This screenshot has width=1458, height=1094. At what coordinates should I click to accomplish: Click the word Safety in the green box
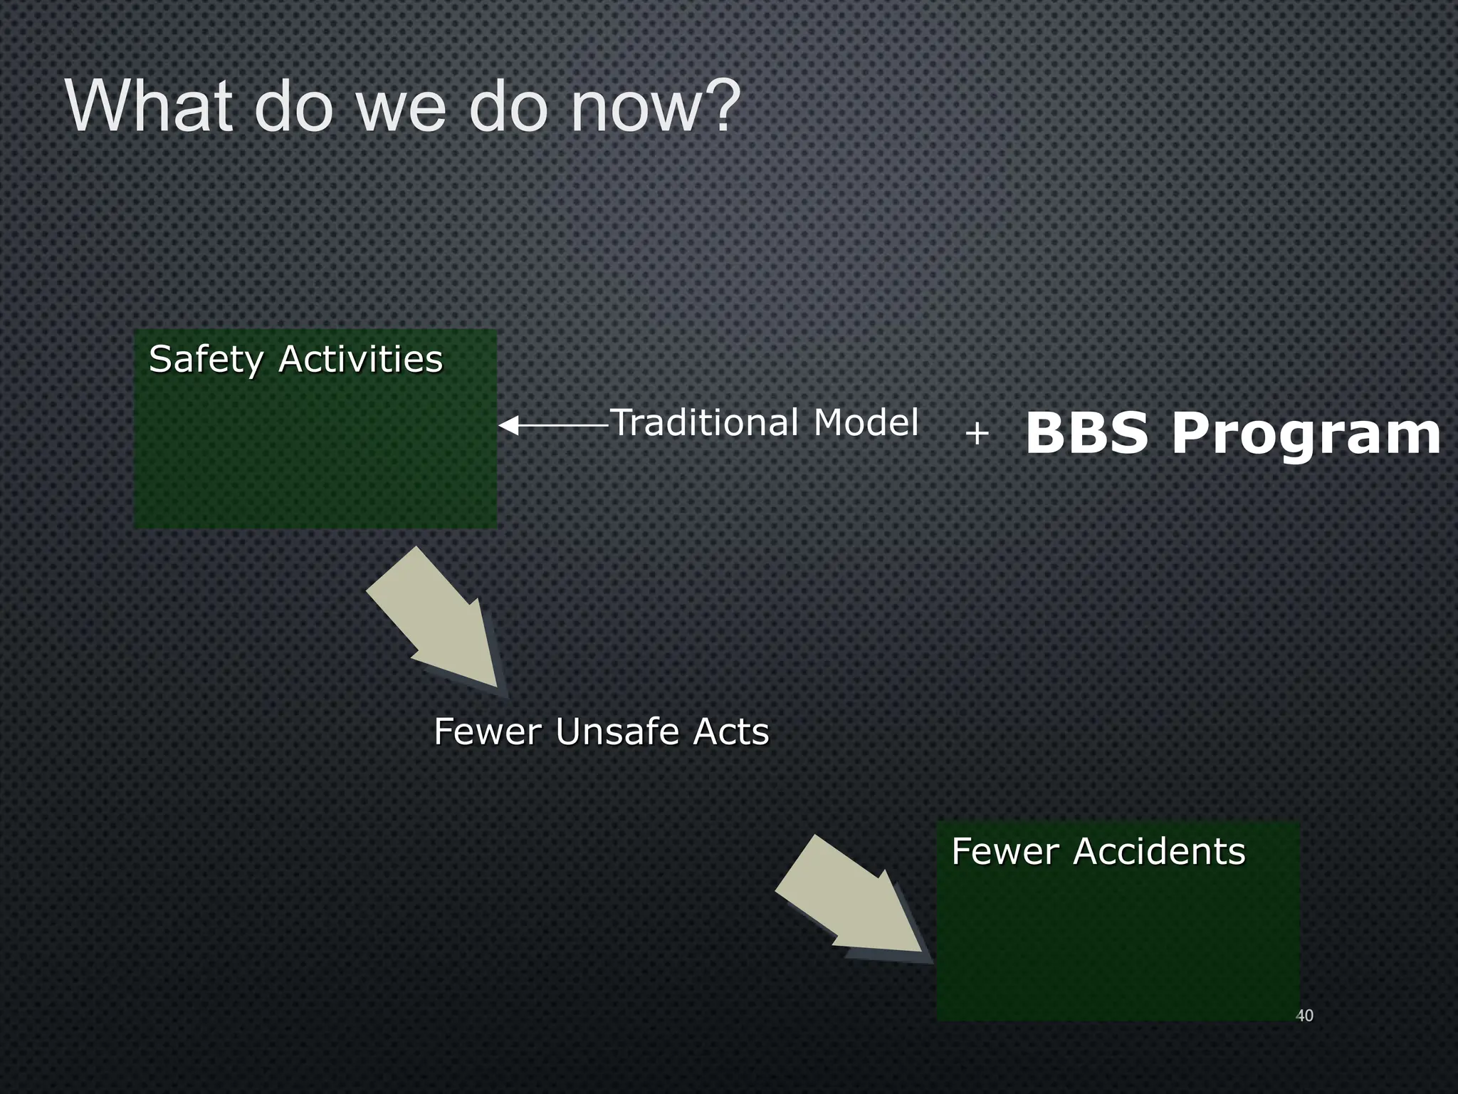(x=206, y=360)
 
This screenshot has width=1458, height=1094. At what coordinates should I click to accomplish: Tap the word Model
(x=866, y=422)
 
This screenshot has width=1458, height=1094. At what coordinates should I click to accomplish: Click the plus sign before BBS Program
(x=977, y=433)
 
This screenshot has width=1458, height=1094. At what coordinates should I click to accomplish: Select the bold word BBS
(x=1086, y=434)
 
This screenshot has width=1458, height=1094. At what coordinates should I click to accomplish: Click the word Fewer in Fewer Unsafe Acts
(x=488, y=732)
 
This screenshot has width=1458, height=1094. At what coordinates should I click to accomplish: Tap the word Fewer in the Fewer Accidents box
(x=1005, y=852)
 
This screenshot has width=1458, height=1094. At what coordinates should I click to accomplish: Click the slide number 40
(x=1304, y=1016)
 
